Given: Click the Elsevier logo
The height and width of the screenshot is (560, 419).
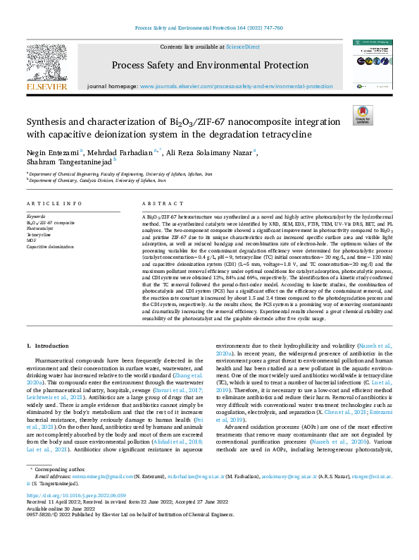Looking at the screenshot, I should (47, 66).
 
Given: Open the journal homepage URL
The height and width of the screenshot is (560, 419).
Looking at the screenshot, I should (236, 86).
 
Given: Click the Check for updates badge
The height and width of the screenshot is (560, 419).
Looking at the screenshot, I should (362, 115).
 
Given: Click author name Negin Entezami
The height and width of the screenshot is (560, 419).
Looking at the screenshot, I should (43, 152).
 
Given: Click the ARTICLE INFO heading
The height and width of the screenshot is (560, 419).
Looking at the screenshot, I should (54, 203).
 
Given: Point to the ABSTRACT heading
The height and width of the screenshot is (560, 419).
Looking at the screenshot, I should (158, 203).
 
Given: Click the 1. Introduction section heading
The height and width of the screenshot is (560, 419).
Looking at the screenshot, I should (48, 346).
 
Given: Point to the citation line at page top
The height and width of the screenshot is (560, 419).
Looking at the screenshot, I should (208, 28).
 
